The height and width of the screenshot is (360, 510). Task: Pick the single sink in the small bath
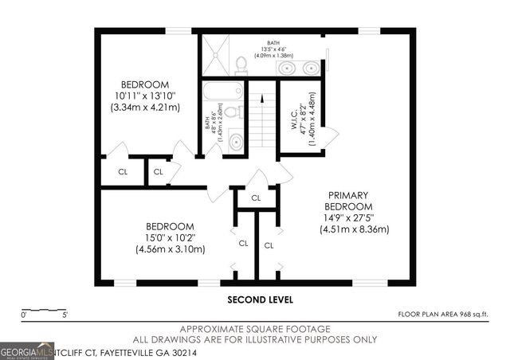point(237,142)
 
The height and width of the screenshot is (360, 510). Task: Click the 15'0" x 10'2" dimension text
point(170,237)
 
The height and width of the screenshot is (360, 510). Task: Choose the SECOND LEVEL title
point(260,300)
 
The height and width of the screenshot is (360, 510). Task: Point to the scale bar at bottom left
point(43,308)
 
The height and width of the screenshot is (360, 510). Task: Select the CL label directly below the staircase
point(257,198)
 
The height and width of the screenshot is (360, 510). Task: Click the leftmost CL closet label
point(123,170)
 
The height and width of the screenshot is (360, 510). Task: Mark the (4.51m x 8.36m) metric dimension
point(354,229)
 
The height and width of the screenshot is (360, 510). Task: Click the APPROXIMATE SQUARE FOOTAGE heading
point(255,328)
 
